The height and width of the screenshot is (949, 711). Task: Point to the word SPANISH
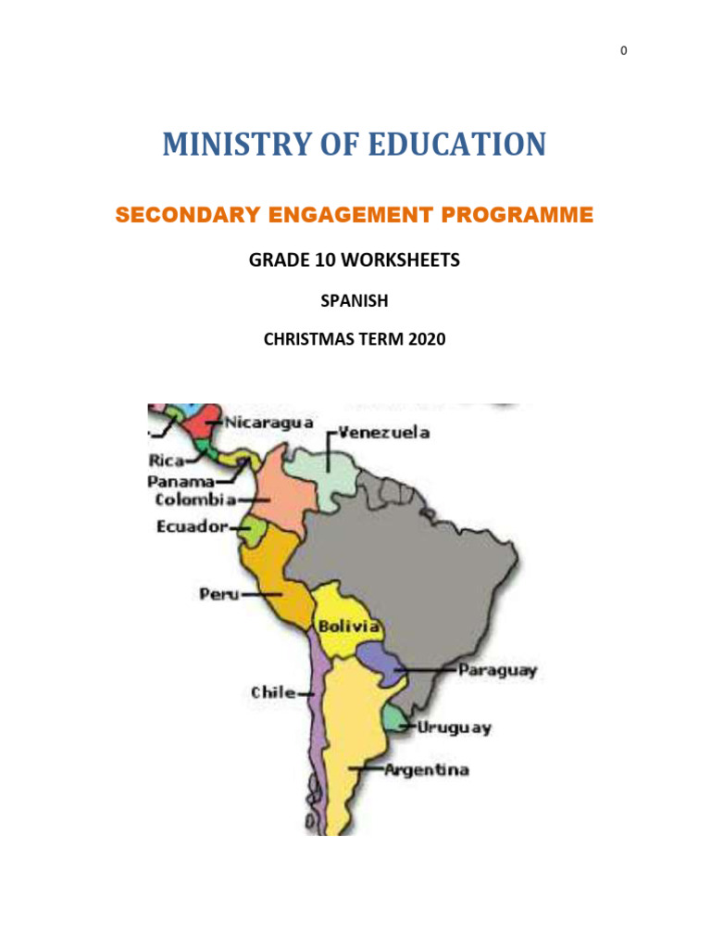[355, 301]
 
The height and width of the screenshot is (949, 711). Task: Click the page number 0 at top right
[623, 51]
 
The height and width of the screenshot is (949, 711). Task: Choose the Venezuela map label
[383, 433]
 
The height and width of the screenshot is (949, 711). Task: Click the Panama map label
[181, 481]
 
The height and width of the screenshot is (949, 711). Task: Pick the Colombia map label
[195, 500]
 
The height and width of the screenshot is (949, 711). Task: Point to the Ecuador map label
[192, 527]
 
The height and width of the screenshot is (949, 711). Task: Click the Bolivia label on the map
[348, 626]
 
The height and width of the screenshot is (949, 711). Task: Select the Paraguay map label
[498, 670]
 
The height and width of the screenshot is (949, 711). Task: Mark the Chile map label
[273, 692]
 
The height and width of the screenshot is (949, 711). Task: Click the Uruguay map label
[454, 728]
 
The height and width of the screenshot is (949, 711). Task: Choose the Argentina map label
[427, 770]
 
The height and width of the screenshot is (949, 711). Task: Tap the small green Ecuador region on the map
[253, 531]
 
